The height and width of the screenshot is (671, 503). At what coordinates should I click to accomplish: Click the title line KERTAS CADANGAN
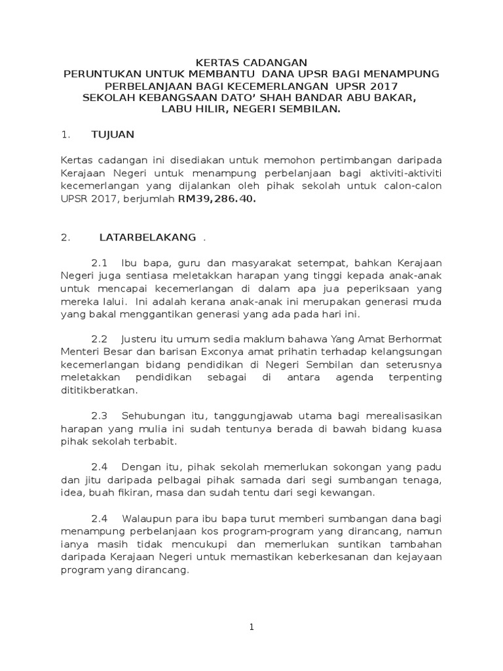coord(251,62)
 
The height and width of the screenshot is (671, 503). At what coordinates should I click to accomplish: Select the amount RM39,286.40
coord(217,201)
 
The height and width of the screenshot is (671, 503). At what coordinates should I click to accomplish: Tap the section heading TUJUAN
coord(113,134)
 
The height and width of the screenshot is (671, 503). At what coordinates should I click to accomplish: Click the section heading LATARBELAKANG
coord(147,238)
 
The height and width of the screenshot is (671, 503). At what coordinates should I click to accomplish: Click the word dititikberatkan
coord(100,390)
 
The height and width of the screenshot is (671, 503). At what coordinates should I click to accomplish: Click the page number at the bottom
coord(251,627)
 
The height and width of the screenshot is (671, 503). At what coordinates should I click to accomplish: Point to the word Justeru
coord(141,339)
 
